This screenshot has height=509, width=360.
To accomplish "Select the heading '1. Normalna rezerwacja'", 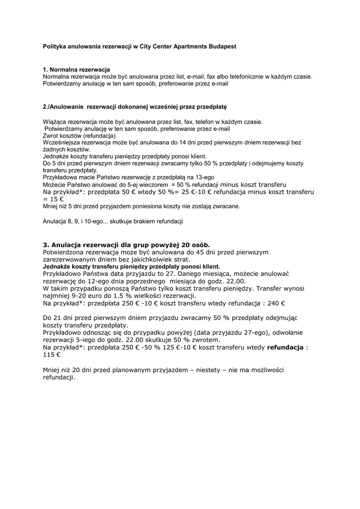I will (77, 70).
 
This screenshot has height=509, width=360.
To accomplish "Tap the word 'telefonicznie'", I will (243, 77).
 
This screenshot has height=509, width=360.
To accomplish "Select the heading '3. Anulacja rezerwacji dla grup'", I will (126, 245).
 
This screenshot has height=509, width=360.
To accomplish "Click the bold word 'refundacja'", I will (285, 347).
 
